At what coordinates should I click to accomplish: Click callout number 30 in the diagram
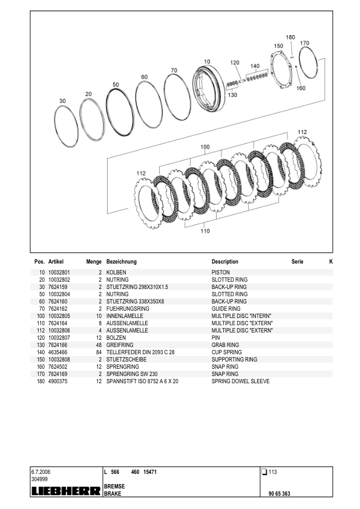pos(62,100)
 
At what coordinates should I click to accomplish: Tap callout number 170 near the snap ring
pos(304,43)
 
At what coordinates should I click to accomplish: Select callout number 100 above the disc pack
pos(205,147)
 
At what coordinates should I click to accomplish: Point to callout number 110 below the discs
pos(205,231)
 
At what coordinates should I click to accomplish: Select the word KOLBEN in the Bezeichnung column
pos(116,273)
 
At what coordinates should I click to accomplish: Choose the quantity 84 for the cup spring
pos(98,352)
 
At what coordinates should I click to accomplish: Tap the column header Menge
pos(94,262)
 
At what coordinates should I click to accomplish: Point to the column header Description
pos(225,262)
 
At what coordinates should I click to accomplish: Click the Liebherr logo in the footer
pos(65,491)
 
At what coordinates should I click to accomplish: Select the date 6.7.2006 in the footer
pos(42,472)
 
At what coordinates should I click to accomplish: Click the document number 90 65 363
pos(280,494)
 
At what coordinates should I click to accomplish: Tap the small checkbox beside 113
pos(264,472)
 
